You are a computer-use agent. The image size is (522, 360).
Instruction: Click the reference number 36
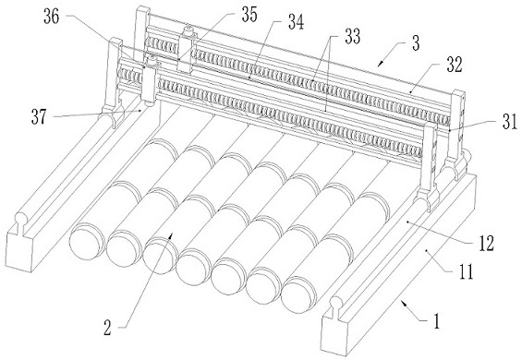click(52, 17)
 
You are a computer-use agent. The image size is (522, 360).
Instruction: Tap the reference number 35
click(249, 15)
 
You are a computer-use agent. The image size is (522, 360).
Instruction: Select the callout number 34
click(296, 23)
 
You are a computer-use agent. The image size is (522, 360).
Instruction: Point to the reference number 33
click(353, 37)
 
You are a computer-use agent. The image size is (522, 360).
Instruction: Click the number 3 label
click(416, 43)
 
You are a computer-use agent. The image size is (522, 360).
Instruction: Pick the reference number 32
click(455, 66)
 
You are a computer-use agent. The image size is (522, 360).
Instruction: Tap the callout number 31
click(510, 122)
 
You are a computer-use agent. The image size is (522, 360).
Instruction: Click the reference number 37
click(40, 117)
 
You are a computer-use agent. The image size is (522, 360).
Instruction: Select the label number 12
click(486, 244)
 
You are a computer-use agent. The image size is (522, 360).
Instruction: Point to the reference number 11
click(467, 271)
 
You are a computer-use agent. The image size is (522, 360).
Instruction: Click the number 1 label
click(436, 320)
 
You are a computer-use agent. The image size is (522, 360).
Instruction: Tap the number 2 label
click(107, 328)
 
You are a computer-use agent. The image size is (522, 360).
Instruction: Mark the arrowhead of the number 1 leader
click(403, 303)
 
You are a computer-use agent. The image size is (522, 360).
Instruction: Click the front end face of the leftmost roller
click(86, 242)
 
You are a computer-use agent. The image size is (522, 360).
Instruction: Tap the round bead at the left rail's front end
click(21, 218)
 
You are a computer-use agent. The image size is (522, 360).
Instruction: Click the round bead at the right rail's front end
click(336, 303)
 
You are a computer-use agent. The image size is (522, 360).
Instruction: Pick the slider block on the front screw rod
click(149, 82)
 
